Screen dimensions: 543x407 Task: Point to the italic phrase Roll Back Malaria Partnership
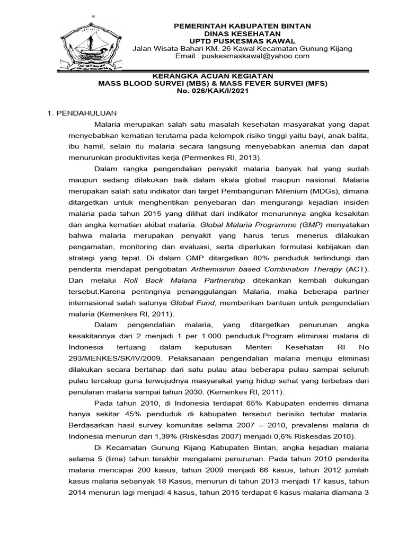pyautogui.click(x=184, y=280)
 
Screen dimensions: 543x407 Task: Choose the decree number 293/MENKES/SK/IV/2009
pyautogui.click(x=111, y=358)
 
